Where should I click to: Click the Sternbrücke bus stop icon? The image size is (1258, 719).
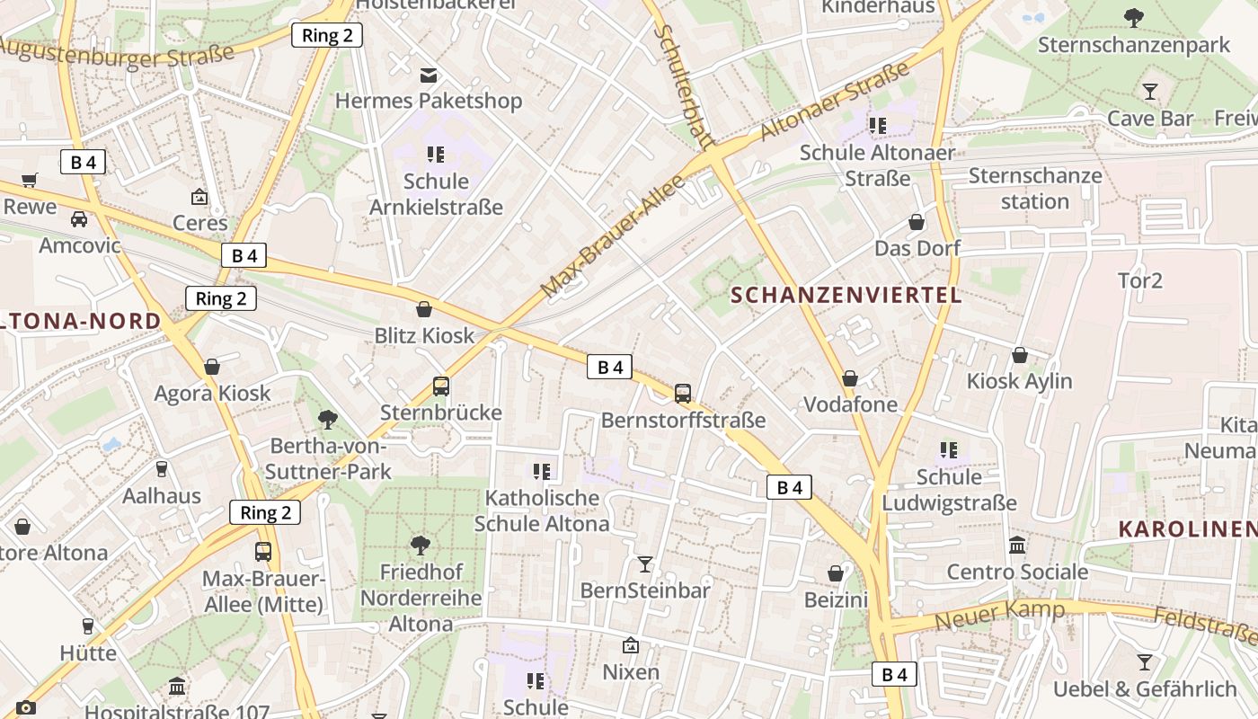tap(440, 386)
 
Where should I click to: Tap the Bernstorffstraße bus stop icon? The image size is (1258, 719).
tap(683, 393)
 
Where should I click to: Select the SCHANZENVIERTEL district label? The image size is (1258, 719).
tap(846, 295)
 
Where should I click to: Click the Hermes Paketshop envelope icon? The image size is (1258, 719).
tap(429, 75)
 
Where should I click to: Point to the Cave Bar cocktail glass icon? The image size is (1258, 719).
tap(1149, 91)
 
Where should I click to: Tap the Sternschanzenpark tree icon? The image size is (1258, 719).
tap(1134, 17)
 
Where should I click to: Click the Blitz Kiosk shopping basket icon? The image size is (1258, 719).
tap(424, 309)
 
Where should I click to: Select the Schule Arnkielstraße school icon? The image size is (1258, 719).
tap(436, 155)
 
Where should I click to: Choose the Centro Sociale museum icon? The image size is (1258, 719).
tap(1017, 546)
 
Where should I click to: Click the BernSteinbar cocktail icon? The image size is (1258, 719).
tap(645, 564)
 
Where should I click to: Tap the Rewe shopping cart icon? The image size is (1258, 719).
tap(30, 181)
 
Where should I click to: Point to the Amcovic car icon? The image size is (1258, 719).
tap(79, 218)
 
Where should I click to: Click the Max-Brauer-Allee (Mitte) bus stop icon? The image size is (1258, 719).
tap(263, 552)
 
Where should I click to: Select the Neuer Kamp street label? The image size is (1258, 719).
tap(999, 615)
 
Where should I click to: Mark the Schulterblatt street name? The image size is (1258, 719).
tap(684, 85)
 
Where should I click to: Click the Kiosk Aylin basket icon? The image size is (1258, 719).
tap(1019, 355)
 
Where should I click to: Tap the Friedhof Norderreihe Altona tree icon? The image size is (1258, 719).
tap(419, 545)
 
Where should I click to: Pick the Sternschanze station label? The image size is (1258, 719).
tap(1034, 188)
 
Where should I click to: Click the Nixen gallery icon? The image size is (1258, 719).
tap(631, 645)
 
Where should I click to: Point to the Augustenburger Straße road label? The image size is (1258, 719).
tap(117, 57)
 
